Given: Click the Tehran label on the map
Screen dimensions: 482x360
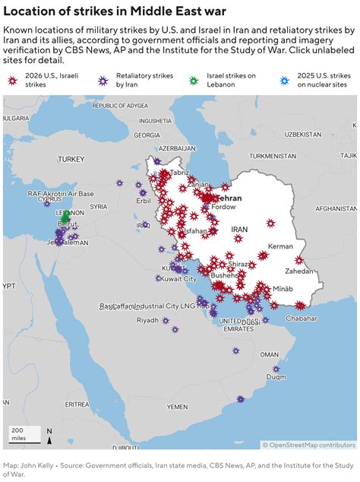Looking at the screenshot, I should (x=229, y=198).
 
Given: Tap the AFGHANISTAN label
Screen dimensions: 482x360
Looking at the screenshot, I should (x=335, y=208).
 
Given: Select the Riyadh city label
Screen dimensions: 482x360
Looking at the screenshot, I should (x=147, y=320).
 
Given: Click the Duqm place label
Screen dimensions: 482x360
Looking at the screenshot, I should (x=276, y=376).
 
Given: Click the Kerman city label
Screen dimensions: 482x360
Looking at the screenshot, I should (x=280, y=246).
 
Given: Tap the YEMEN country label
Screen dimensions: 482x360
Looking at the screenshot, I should (x=177, y=407).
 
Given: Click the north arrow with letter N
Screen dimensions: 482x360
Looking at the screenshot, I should (x=49, y=435).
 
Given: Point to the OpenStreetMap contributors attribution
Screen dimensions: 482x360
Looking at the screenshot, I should (x=308, y=445).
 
